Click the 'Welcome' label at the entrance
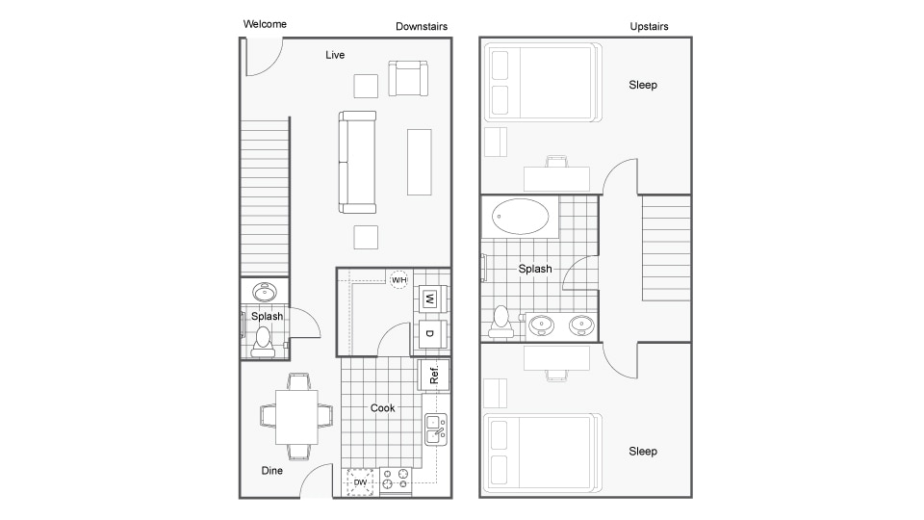point(265,24)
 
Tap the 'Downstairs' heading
point(422,26)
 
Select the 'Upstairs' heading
point(649,26)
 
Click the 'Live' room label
point(334,55)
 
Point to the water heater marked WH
point(398,279)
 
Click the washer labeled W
point(429,299)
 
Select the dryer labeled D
point(429,333)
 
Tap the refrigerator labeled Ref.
point(433,375)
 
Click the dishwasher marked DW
point(361,481)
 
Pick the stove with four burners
point(396,481)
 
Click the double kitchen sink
point(436,429)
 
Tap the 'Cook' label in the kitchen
point(383,408)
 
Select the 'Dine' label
point(272,471)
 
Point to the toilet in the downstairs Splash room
point(263,340)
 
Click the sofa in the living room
point(356,162)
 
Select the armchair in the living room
point(407,79)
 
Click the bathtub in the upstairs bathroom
point(519,216)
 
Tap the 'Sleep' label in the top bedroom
point(643,85)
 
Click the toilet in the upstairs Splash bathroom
point(500,322)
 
